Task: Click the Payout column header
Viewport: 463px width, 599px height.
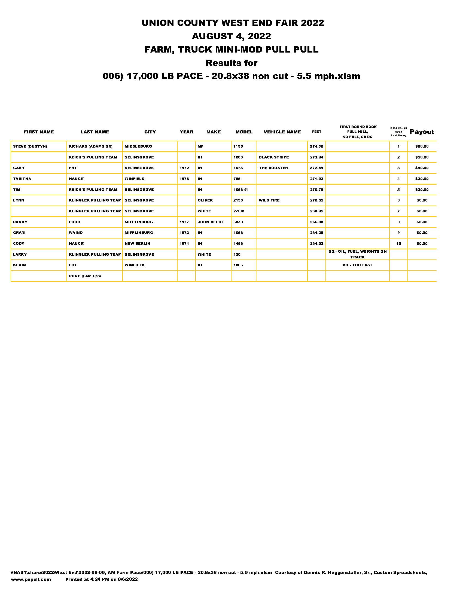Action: tap(422, 132)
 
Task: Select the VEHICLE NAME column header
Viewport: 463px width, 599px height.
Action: tap(282, 132)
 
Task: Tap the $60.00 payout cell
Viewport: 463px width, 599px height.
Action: tap(422, 146)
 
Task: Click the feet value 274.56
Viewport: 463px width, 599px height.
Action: tap(316, 146)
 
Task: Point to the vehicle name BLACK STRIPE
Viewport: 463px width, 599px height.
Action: tap(273, 157)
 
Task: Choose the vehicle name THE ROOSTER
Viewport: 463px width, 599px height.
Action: tap(273, 168)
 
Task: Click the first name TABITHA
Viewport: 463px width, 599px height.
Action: tap(22, 179)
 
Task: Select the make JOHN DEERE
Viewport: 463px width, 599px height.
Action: tap(211, 222)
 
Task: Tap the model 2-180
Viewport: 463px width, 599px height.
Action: tap(238, 211)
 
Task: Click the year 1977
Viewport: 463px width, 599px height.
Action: tap(184, 222)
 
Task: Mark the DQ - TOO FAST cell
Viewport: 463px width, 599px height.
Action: tap(357, 265)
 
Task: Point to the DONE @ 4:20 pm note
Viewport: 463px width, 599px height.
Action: tap(85, 276)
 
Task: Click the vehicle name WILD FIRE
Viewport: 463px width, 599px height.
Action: tap(269, 200)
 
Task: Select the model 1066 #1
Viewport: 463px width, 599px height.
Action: tap(240, 190)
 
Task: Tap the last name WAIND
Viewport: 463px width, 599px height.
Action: tap(75, 233)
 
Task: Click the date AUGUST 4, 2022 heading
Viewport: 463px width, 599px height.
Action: tap(231, 36)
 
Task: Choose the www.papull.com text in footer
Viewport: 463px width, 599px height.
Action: tap(31, 579)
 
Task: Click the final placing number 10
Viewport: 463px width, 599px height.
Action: tap(398, 244)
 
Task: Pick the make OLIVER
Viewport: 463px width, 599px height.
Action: tap(205, 200)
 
